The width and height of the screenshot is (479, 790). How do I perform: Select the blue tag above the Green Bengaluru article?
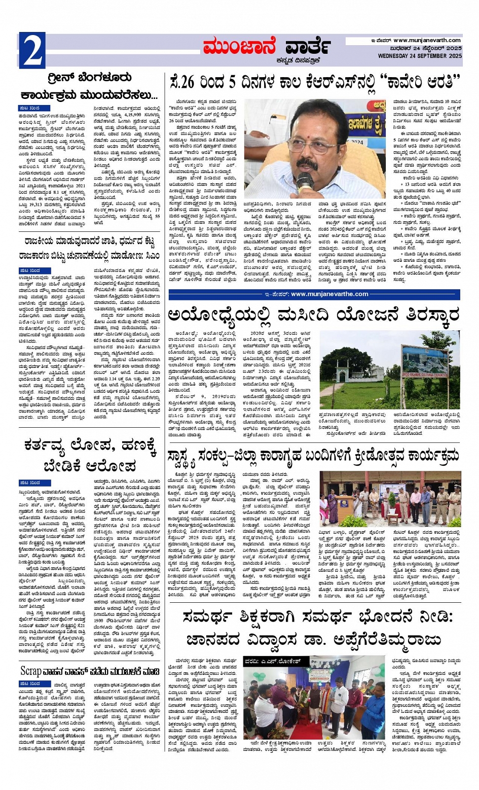click(30, 109)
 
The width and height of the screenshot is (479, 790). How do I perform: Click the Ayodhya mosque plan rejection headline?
click(314, 315)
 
